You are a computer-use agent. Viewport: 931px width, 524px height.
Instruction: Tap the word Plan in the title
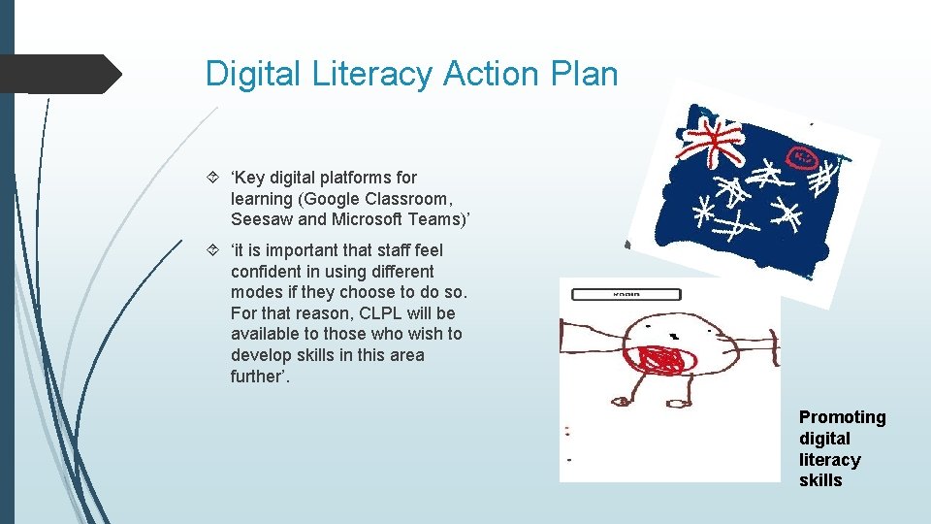(581, 74)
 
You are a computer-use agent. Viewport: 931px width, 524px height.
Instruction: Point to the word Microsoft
(365, 219)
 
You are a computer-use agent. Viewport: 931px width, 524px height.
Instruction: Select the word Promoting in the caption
(842, 417)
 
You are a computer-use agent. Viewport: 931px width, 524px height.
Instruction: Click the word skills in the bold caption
(820, 480)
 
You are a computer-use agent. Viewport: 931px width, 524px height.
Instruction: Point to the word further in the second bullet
(261, 377)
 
